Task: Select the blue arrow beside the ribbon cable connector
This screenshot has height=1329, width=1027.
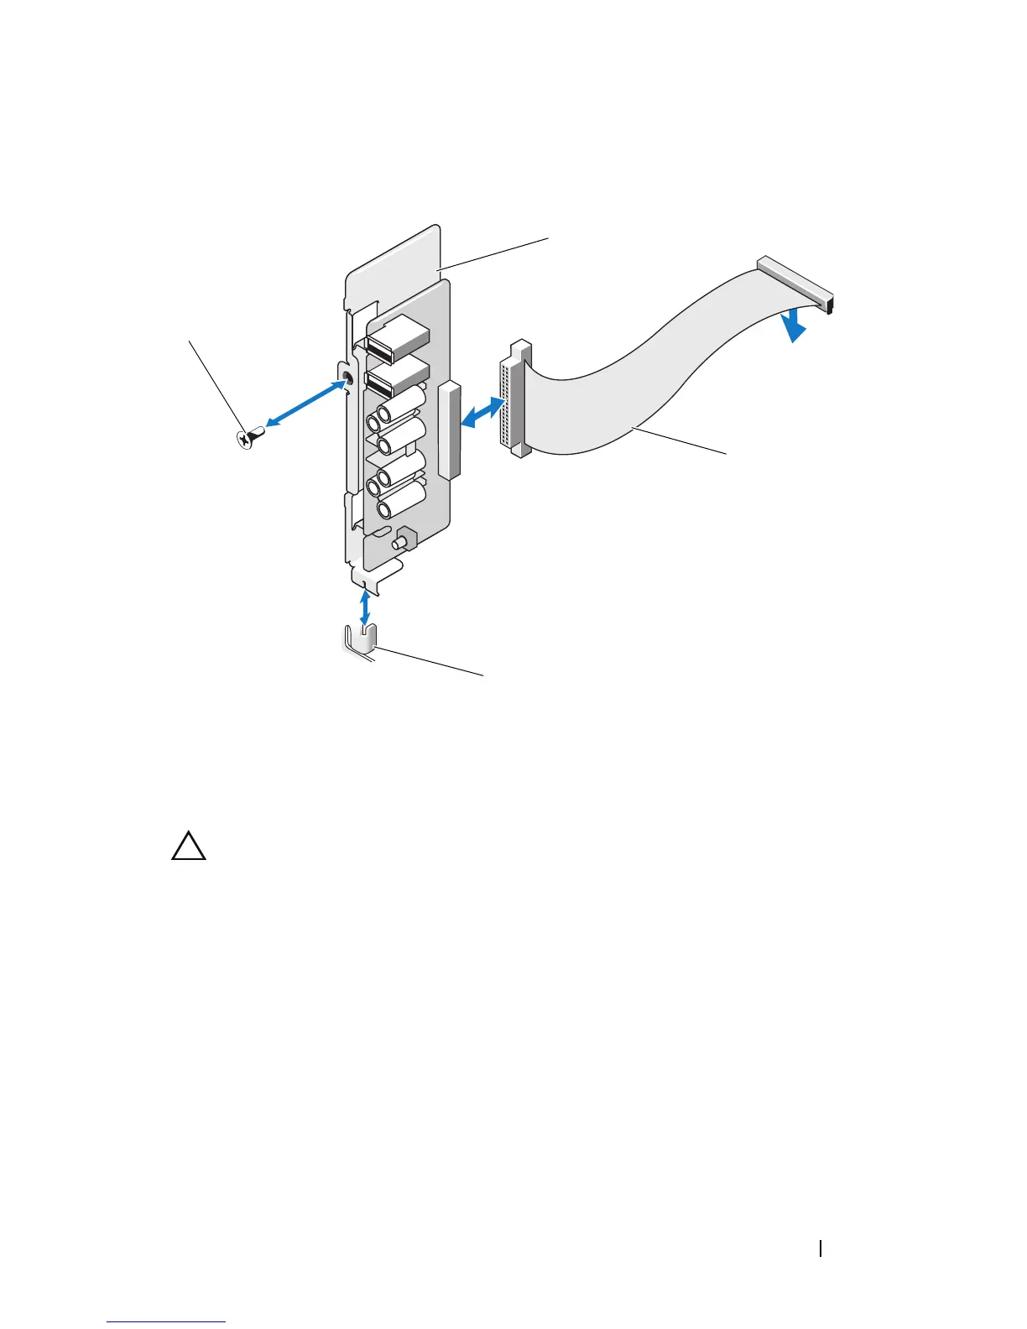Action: (x=481, y=412)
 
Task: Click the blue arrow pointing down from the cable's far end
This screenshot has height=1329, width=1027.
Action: (x=793, y=326)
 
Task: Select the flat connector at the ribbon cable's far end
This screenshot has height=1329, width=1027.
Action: (x=797, y=284)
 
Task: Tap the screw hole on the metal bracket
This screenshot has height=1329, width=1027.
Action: (x=347, y=383)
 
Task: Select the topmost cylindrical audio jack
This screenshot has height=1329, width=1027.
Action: (x=401, y=407)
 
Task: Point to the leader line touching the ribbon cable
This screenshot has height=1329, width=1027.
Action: (x=680, y=441)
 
